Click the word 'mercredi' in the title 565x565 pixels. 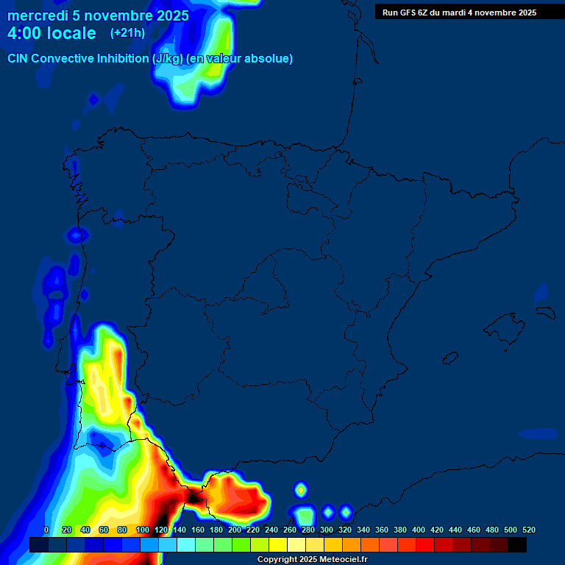[38, 15]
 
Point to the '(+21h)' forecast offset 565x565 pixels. [127, 33]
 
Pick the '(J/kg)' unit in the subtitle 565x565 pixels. [168, 59]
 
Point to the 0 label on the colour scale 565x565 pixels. [46, 530]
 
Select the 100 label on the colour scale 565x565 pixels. [143, 530]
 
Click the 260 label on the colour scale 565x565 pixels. [290, 530]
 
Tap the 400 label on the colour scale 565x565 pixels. [419, 530]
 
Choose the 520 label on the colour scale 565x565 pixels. [529, 530]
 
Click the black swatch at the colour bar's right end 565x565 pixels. [517, 544]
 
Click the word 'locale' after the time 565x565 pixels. [72, 33]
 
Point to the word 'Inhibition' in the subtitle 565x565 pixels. [123, 59]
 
